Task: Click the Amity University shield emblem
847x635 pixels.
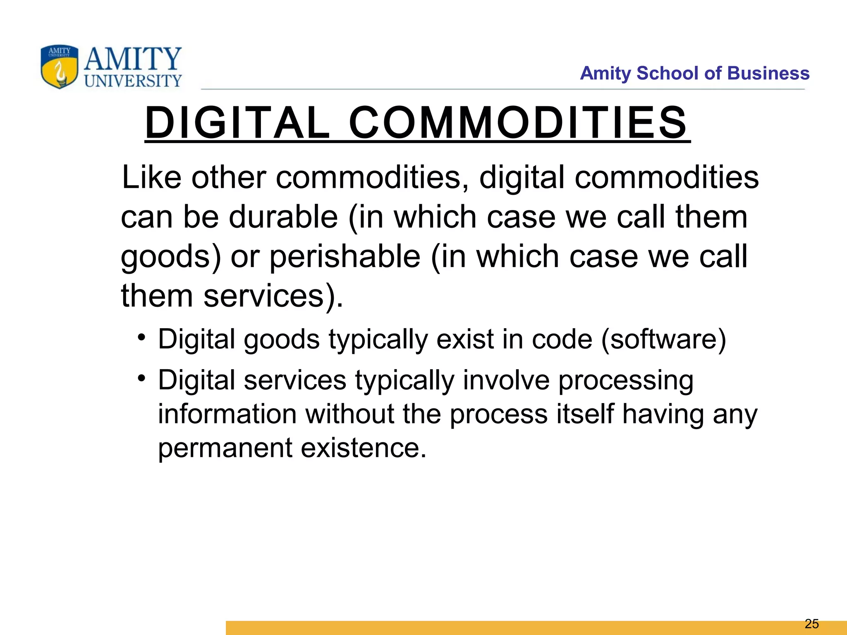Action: click(x=59, y=67)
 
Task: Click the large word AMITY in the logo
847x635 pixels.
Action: click(x=133, y=59)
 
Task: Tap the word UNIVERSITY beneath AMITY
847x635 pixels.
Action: click(x=133, y=81)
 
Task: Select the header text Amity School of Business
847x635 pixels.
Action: click(x=694, y=73)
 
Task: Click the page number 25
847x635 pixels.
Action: click(x=812, y=623)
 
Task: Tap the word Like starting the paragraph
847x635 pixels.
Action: click(x=151, y=177)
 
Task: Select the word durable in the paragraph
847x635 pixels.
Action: click(x=283, y=217)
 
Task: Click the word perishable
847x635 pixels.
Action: click(x=345, y=257)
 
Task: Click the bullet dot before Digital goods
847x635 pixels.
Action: click(x=142, y=337)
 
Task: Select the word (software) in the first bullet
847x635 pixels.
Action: click(x=663, y=339)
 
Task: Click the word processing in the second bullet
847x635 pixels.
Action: click(x=626, y=380)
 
